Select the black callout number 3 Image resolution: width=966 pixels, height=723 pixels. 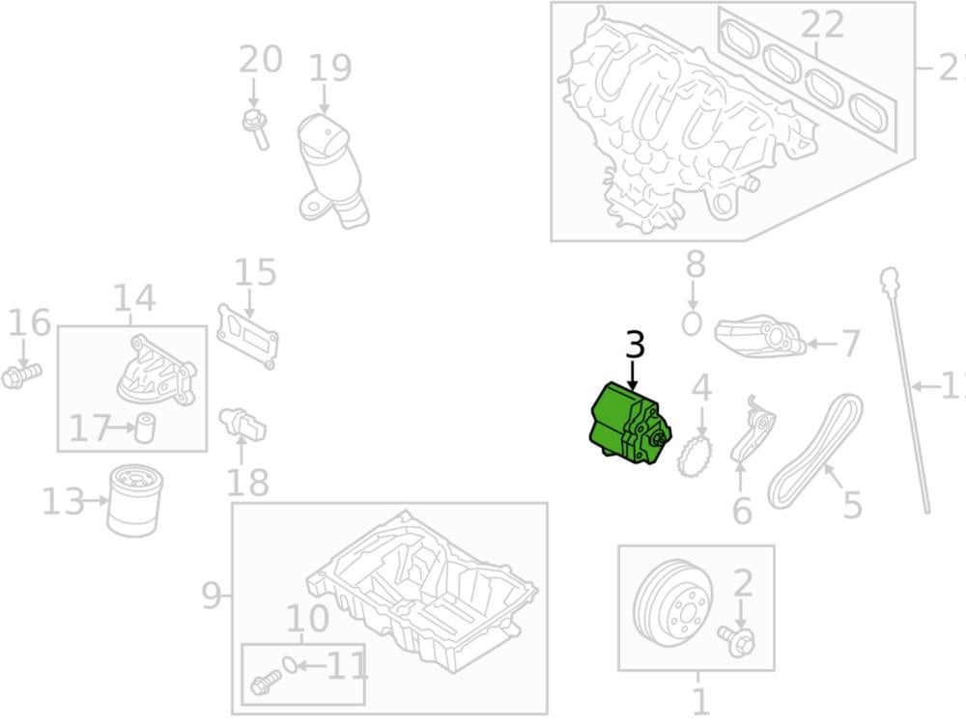634,346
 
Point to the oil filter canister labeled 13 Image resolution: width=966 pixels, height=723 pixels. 131,501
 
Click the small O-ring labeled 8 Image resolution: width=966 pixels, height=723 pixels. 692,323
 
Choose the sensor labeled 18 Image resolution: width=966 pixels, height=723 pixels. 243,425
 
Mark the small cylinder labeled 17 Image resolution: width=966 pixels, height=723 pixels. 145,426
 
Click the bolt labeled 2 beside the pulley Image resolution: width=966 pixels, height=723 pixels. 737,640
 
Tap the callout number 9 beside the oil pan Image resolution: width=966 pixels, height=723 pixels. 212,597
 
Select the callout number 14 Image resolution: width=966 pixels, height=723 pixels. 133,299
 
